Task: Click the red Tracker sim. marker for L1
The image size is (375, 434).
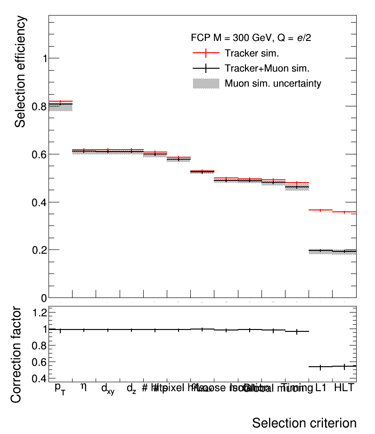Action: (x=320, y=210)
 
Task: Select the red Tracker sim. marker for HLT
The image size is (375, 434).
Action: (x=344, y=212)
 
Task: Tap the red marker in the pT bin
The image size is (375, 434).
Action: (x=60, y=101)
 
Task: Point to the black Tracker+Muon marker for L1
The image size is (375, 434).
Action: (x=320, y=251)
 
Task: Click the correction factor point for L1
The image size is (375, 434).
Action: (x=320, y=367)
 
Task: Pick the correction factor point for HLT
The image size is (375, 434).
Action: (x=344, y=366)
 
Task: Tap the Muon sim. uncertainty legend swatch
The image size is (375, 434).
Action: (x=206, y=84)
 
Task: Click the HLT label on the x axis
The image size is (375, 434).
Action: (x=344, y=388)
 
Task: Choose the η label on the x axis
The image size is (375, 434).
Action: (x=84, y=387)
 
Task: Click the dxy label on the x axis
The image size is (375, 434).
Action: (x=108, y=389)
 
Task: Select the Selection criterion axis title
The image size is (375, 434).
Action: (x=304, y=422)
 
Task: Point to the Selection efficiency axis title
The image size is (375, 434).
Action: (x=20, y=72)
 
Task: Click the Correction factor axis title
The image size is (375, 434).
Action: (x=16, y=354)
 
